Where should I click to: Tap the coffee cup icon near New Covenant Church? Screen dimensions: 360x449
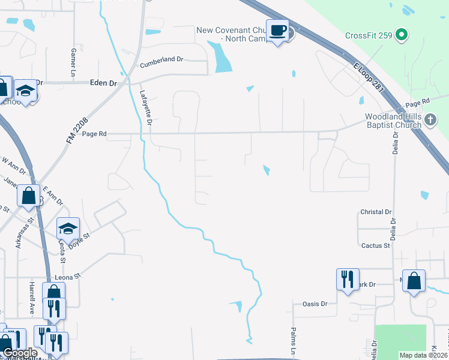pos(277,30)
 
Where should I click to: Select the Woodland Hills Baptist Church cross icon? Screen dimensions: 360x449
pos(430,120)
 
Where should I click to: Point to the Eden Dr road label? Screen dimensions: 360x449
pos(103,83)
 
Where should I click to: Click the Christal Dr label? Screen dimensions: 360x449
pos(376,212)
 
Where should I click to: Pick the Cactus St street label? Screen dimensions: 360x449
pos(376,245)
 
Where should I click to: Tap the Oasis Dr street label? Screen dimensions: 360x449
pos(315,304)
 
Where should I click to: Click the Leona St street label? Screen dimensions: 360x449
pos(67,278)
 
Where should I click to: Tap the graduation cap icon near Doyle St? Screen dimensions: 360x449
pos(68,228)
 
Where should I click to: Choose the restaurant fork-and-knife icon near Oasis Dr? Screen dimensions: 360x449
pos(348,279)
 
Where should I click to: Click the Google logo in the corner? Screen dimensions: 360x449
pos(20,353)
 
